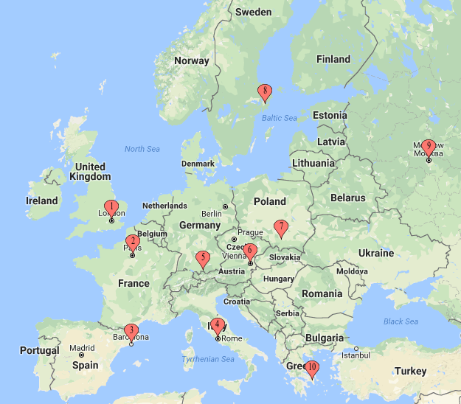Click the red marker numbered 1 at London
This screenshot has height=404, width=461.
pyautogui.click(x=111, y=207)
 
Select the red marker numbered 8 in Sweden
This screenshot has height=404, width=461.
pyautogui.click(x=266, y=91)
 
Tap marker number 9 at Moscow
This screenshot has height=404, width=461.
pyautogui.click(x=429, y=147)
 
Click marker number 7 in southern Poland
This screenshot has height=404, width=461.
pyautogui.click(x=280, y=226)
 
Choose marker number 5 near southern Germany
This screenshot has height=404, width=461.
pyautogui.click(x=203, y=258)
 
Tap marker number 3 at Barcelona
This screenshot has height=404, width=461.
pyautogui.click(x=131, y=331)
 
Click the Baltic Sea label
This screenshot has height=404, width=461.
pyautogui.click(x=279, y=118)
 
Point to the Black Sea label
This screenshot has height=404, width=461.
pyautogui.click(x=401, y=321)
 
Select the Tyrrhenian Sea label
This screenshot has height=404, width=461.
pyautogui.click(x=207, y=359)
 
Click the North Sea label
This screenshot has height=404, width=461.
pyautogui.click(x=142, y=149)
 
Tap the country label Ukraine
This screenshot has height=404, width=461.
pyautogui.click(x=376, y=253)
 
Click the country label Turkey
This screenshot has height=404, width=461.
pyautogui.click(x=411, y=371)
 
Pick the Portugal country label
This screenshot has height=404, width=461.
pyautogui.click(x=40, y=350)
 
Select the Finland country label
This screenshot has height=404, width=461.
pyautogui.click(x=333, y=59)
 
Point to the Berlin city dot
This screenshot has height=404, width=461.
pyautogui.click(x=225, y=207)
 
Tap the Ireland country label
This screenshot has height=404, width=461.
pyautogui.click(x=41, y=201)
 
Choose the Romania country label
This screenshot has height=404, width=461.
pyautogui.click(x=322, y=293)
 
